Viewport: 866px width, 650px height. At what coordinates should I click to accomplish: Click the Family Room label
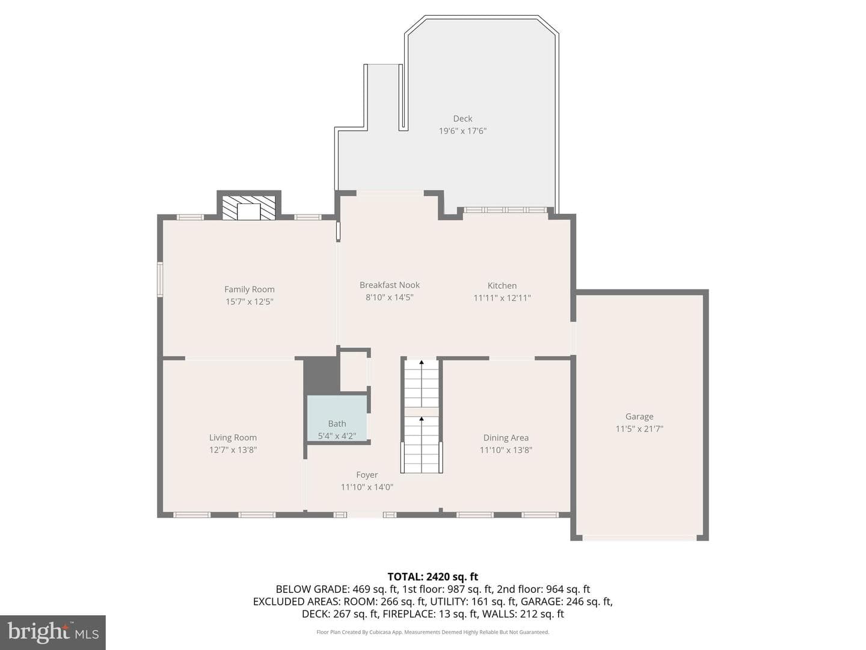pos(250,289)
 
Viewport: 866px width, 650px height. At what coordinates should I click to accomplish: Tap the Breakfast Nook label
pos(390,285)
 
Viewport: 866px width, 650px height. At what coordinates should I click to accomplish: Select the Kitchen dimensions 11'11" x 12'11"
pos(502,298)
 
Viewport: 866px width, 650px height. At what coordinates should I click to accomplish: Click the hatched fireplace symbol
pos(248,208)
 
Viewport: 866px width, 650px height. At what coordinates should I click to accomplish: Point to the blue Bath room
pos(337,418)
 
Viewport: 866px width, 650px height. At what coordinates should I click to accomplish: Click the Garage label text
pos(639,416)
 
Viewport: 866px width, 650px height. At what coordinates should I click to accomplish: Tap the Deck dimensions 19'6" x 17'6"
pos(463,131)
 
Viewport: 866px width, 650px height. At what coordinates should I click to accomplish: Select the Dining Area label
pos(506,438)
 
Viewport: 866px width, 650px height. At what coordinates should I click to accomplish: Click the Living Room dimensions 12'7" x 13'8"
pos(233,450)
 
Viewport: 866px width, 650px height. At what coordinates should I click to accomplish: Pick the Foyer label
pos(367,475)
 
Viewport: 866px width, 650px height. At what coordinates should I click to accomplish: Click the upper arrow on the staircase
pos(422,383)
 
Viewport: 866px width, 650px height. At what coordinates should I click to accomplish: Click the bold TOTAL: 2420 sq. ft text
pos(433,577)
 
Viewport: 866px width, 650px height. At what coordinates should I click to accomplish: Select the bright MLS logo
pos(53,633)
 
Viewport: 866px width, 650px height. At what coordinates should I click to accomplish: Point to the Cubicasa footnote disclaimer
pos(433,632)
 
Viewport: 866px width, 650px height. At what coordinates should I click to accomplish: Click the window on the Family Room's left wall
pos(160,280)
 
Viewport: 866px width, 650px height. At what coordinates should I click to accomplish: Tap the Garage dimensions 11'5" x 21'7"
pos(639,429)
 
